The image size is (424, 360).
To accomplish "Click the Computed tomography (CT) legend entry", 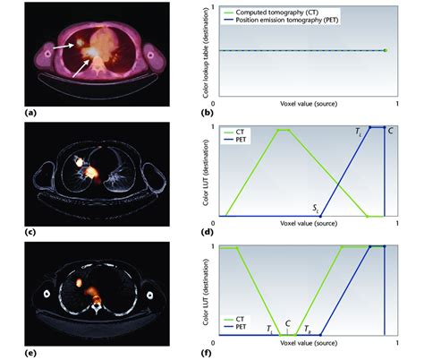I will coord(285,10).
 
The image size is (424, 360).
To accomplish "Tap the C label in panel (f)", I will coord(286,325).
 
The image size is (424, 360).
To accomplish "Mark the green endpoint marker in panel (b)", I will coord(385,51).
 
